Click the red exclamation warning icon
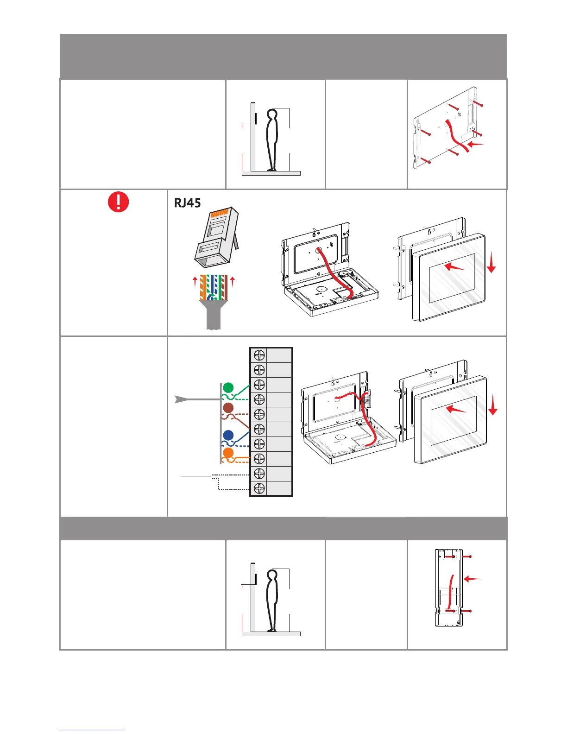(118, 202)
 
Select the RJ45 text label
(187, 203)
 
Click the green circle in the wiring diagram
(228, 387)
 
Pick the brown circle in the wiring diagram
(228, 408)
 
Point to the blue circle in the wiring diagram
(228, 435)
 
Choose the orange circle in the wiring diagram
(228, 453)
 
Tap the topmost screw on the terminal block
(259, 355)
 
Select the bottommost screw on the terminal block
(259, 488)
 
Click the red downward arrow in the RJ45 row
(491, 263)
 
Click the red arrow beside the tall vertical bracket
(472, 579)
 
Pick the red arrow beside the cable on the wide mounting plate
(475, 145)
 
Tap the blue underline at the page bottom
(92, 730)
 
